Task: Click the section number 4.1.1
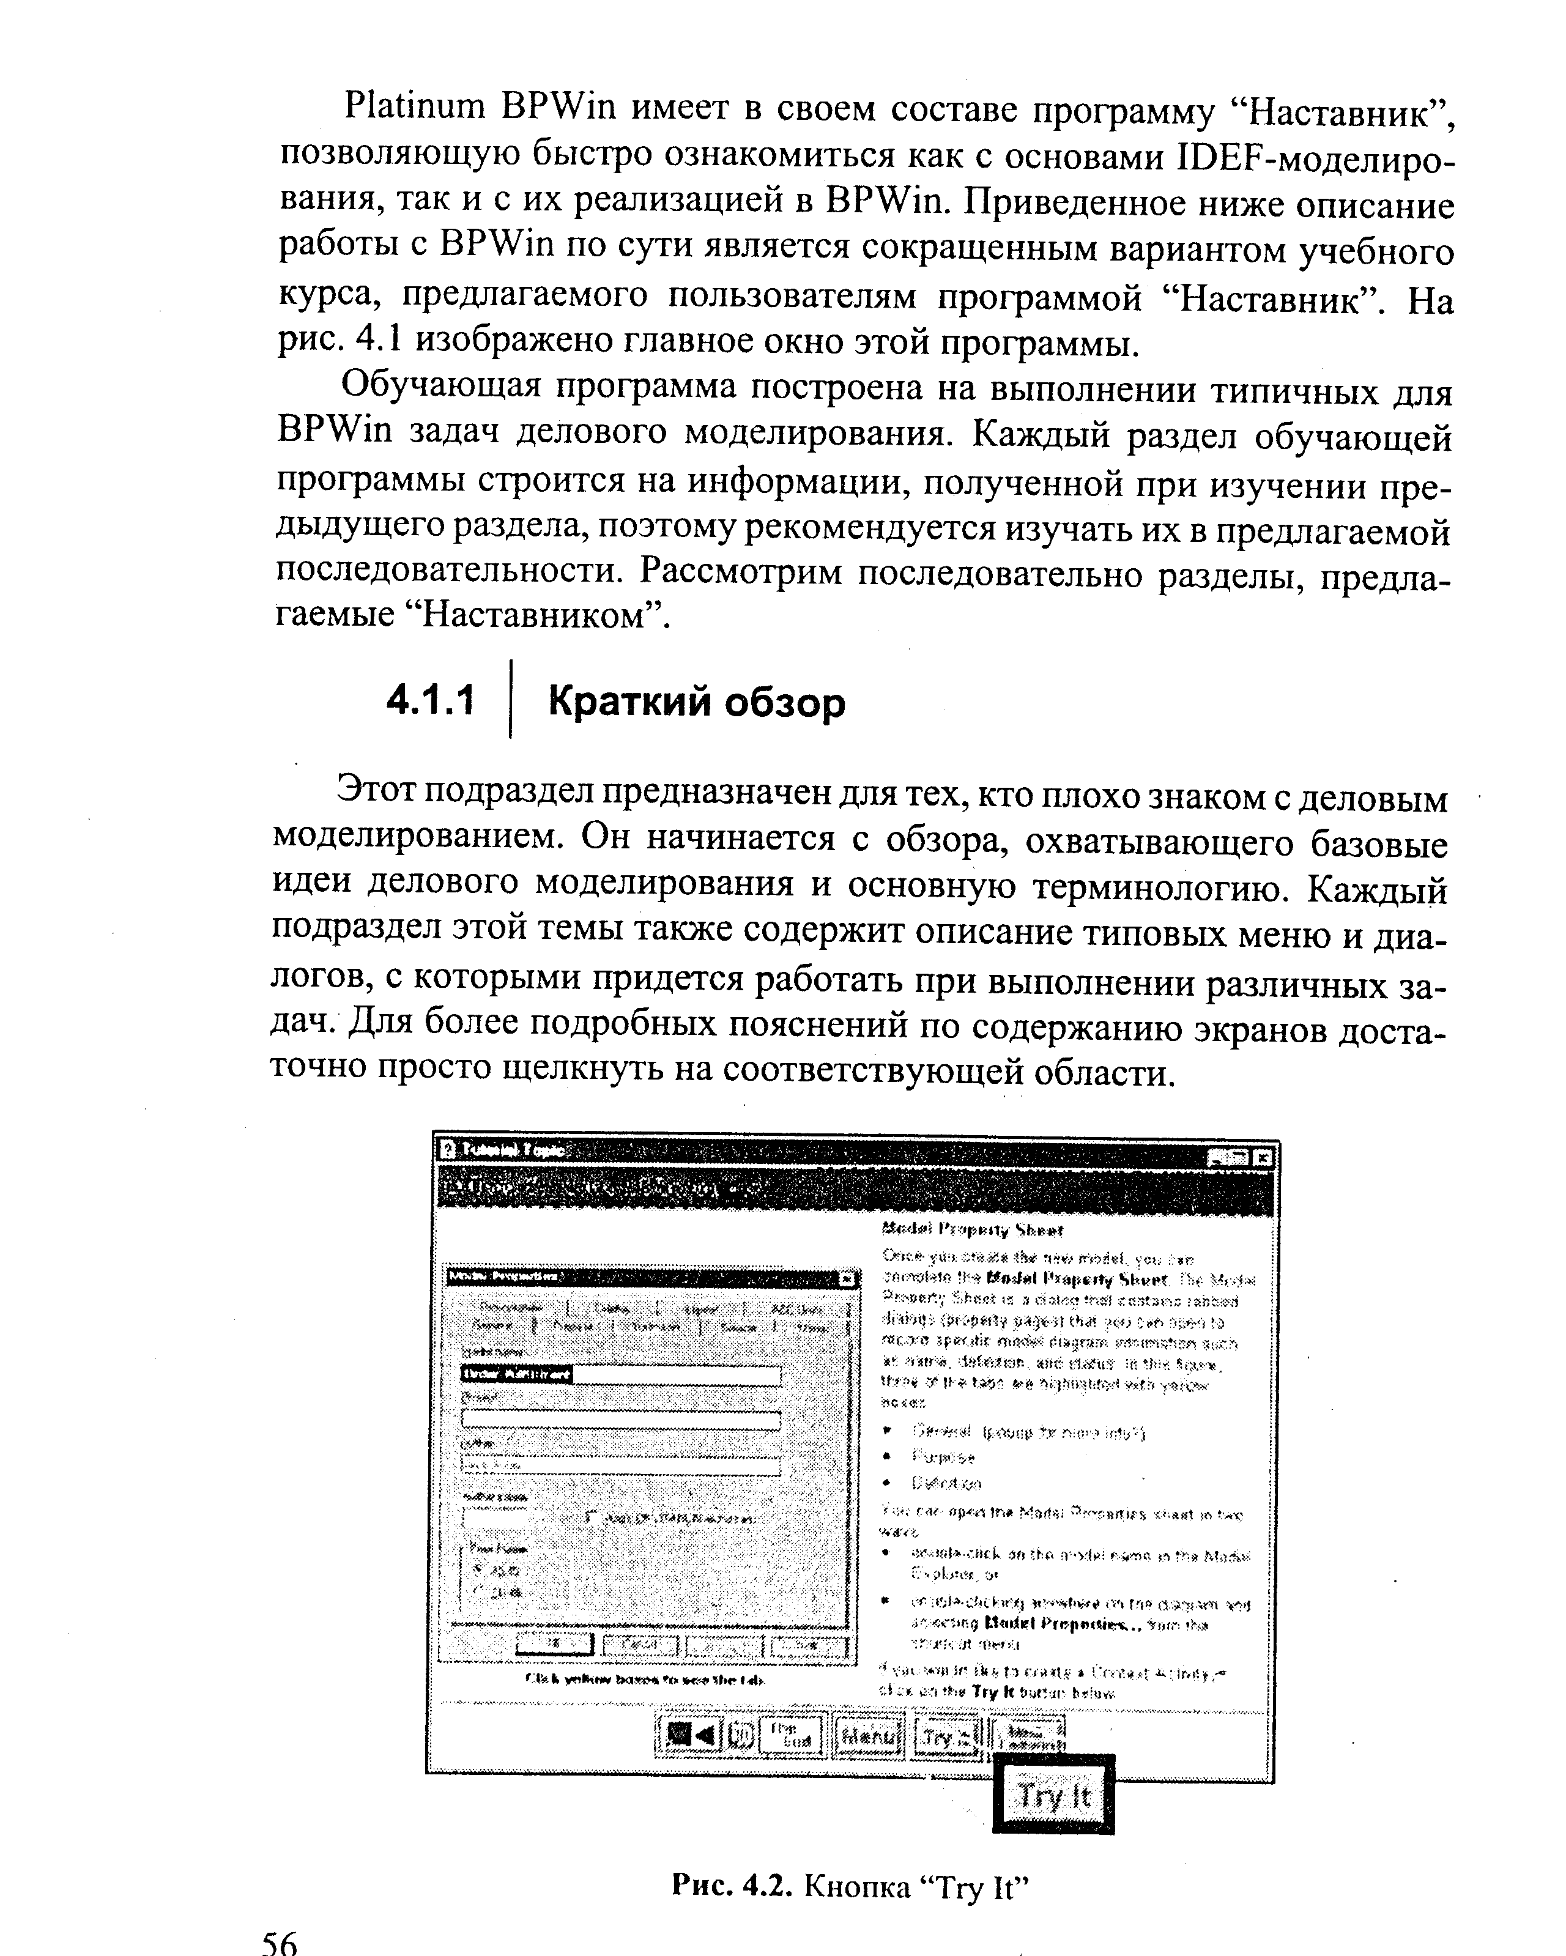pos(430,702)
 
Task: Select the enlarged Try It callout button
pos(1053,1795)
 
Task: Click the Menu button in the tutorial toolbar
pos(868,1736)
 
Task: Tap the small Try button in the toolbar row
pos(947,1736)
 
